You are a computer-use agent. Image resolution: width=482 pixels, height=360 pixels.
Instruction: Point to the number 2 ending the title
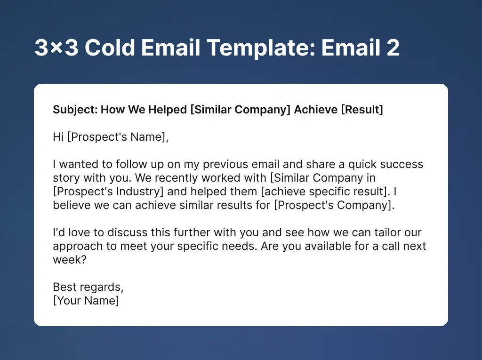(x=393, y=48)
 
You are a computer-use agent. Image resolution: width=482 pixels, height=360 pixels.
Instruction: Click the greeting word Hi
(x=58, y=137)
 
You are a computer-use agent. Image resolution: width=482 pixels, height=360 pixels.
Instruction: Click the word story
(x=66, y=178)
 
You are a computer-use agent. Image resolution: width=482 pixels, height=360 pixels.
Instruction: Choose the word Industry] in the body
(x=141, y=192)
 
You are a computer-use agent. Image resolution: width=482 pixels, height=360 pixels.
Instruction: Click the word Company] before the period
(x=370, y=206)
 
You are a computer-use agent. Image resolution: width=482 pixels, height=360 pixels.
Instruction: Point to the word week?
(x=70, y=260)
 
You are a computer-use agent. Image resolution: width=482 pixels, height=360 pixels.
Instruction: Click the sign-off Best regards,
(x=88, y=287)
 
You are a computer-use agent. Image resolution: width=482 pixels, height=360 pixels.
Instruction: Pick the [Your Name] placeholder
(x=86, y=301)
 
